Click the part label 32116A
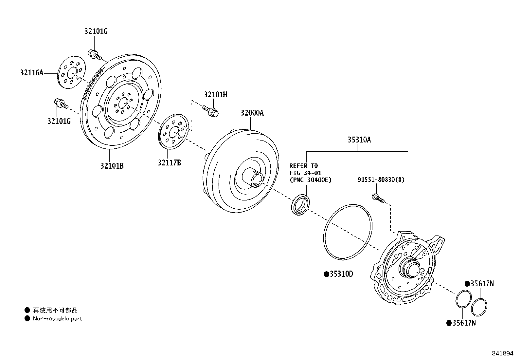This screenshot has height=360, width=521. coord(32,73)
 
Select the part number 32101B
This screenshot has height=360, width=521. coord(112,166)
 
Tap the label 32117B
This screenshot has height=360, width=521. coord(169,162)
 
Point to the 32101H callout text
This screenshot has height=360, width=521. coord(216,95)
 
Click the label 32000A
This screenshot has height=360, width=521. coord(252,113)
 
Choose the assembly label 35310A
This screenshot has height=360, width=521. coord(359,140)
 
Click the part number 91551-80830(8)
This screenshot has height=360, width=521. coord(381,180)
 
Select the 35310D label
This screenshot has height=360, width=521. coord(341,274)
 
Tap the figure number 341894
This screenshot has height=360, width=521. coord(502,353)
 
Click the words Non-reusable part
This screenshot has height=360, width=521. coord(57,318)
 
